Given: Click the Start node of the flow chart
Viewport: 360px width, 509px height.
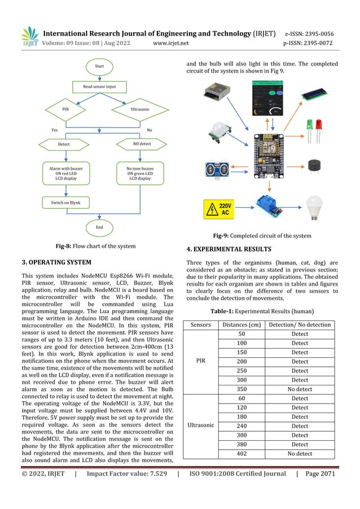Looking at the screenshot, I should [x=99, y=66].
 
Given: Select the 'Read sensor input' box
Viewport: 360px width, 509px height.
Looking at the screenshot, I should [x=99, y=87].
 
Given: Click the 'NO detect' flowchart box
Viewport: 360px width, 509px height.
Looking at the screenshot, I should [x=138, y=144].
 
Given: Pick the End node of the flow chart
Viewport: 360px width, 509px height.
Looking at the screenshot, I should [x=99, y=227].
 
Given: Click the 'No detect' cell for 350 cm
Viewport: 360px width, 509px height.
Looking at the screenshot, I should [x=300, y=389].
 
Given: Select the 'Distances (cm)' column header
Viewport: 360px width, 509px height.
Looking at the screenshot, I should [x=242, y=324].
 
